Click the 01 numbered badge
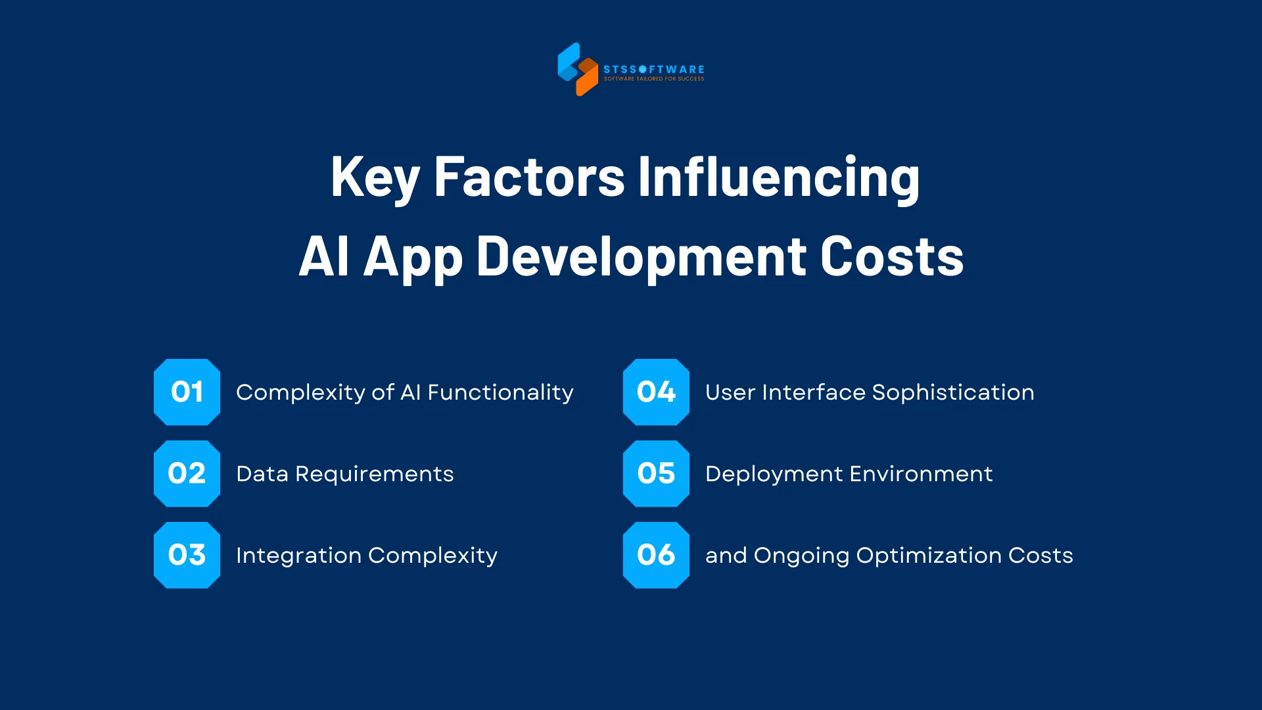tap(187, 392)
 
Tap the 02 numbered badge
tap(187, 473)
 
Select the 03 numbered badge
tap(187, 555)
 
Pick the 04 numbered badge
tap(656, 392)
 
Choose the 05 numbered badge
tap(656, 473)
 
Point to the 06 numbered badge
tap(656, 555)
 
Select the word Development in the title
tap(641, 256)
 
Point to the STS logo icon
tap(577, 69)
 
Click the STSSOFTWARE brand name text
tap(654, 69)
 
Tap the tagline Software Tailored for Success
tap(654, 79)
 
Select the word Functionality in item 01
tap(500, 392)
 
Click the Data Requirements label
tap(344, 474)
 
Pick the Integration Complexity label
tap(366, 556)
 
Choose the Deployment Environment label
tap(849, 474)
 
